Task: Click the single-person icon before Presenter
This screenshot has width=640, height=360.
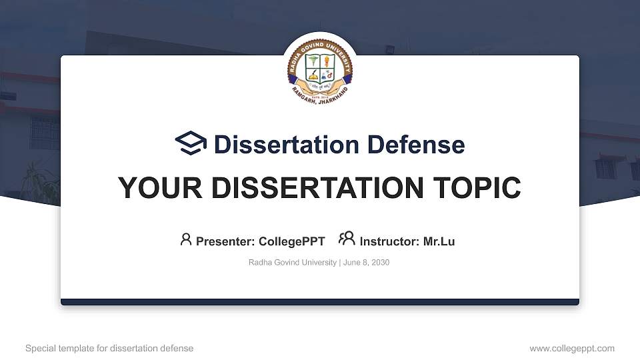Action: tap(186, 239)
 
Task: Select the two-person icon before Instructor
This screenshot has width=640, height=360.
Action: tap(347, 239)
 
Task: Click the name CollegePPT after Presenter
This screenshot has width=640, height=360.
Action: tap(293, 241)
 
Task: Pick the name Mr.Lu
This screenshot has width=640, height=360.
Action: tap(439, 241)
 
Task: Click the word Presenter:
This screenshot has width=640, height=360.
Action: tap(225, 241)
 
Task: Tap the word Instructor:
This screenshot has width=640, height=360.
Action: tap(389, 241)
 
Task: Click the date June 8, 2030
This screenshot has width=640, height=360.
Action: tap(366, 263)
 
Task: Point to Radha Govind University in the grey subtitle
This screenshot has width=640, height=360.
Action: tap(292, 263)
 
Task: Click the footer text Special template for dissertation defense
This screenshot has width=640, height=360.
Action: tap(109, 348)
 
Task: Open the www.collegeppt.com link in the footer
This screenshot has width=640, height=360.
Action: tap(572, 348)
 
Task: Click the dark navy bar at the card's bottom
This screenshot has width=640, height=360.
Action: tap(320, 302)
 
